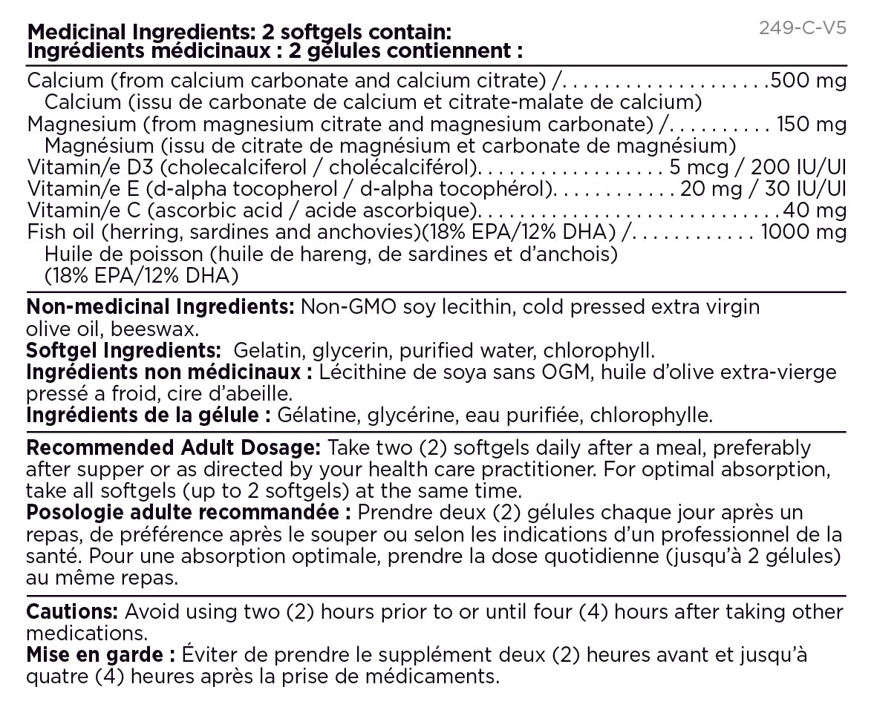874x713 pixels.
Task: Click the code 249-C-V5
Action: (x=803, y=29)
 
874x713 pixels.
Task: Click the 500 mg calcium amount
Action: (x=809, y=81)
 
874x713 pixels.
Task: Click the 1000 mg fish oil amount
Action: (x=803, y=232)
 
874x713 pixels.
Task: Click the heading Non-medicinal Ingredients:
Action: (x=160, y=306)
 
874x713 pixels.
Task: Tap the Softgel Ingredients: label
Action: (x=123, y=349)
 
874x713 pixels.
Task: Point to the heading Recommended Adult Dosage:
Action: (x=173, y=448)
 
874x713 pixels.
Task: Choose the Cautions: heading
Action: (x=72, y=612)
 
